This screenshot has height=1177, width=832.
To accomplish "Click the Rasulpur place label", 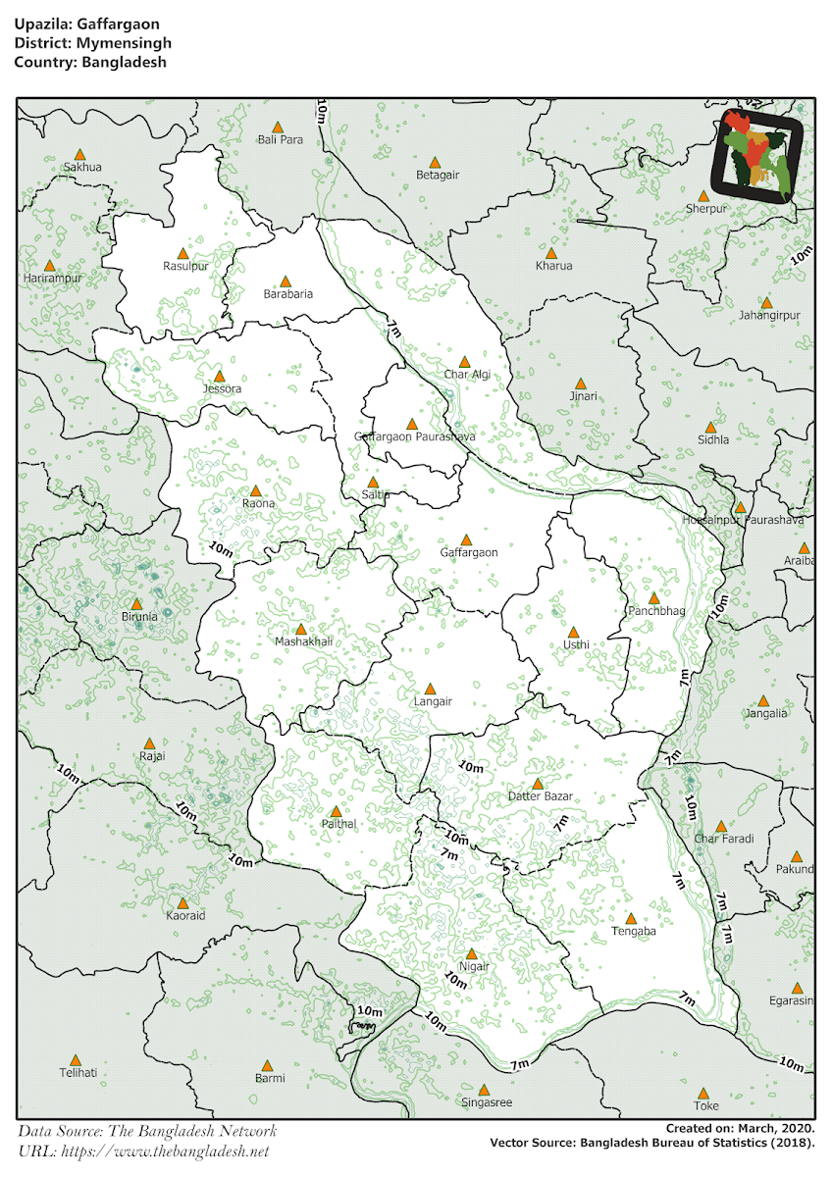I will [185, 266].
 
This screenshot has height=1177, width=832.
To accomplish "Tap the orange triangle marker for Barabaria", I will [286, 281].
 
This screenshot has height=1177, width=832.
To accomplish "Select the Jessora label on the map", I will [221, 388].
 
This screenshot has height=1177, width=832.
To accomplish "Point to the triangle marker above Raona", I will [256, 490].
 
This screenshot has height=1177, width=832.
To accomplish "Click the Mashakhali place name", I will [304, 641].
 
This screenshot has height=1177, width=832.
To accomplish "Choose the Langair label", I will [432, 702].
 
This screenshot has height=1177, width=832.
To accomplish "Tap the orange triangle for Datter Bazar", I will [538, 783].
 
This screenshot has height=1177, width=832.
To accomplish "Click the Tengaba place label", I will [633, 932].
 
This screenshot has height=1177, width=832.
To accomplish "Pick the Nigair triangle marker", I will [471, 953].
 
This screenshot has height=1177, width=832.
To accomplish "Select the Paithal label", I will [338, 825].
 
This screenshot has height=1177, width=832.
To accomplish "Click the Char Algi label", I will [467, 375].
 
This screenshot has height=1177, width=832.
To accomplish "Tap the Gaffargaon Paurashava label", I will [414, 435].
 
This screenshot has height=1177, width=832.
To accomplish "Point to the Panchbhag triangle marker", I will [653, 597].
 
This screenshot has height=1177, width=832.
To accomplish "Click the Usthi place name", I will [576, 645].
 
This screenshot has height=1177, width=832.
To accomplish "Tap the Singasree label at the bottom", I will [487, 1102].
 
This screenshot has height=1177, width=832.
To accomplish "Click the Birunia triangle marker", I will [136, 604].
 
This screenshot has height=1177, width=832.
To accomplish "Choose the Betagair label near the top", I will [438, 175].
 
